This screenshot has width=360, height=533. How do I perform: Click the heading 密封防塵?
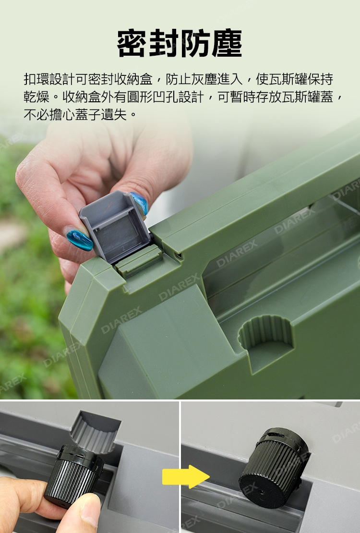click(180, 44)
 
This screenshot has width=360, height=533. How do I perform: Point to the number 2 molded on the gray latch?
click(124, 249)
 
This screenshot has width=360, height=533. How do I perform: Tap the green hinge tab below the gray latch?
click(139, 262)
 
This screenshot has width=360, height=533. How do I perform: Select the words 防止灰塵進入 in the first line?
click(204, 79)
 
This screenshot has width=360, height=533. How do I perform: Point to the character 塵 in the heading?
click(227, 44)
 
